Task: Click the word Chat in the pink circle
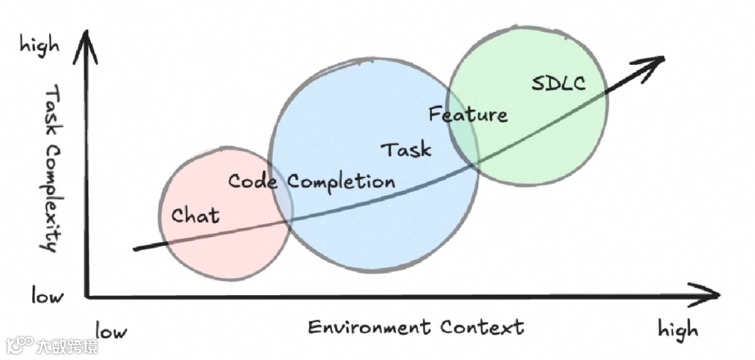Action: tap(195, 215)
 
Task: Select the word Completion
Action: tap(341, 182)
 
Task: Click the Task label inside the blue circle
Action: tap(406, 149)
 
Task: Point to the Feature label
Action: tap(468, 114)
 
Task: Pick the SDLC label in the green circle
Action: tap(558, 85)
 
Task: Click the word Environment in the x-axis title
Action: tap(368, 327)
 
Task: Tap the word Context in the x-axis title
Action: tap(482, 327)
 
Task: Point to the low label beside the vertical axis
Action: tap(47, 296)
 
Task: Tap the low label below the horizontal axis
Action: tap(111, 330)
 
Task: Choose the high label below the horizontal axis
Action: tap(677, 329)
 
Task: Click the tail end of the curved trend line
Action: tap(136, 248)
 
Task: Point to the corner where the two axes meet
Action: tap(87, 297)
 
